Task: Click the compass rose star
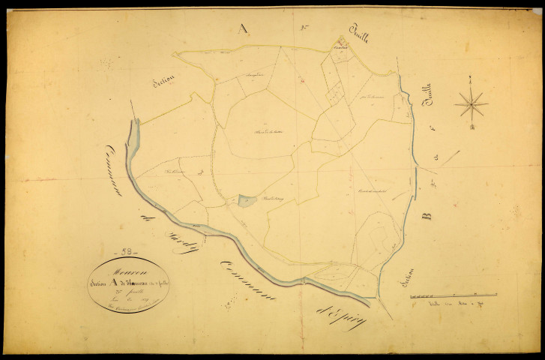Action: click(471, 103)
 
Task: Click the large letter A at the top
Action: click(241, 28)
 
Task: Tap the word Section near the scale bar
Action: click(398, 285)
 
